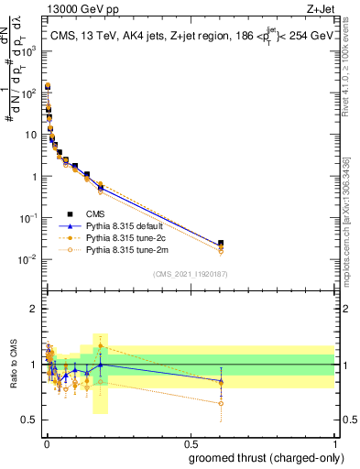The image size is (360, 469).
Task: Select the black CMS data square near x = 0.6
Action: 221,244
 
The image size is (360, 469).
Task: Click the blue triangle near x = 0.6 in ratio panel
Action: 221,381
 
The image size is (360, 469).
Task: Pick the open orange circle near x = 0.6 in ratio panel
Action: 221,403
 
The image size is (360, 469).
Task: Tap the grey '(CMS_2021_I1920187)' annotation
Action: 190,274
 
